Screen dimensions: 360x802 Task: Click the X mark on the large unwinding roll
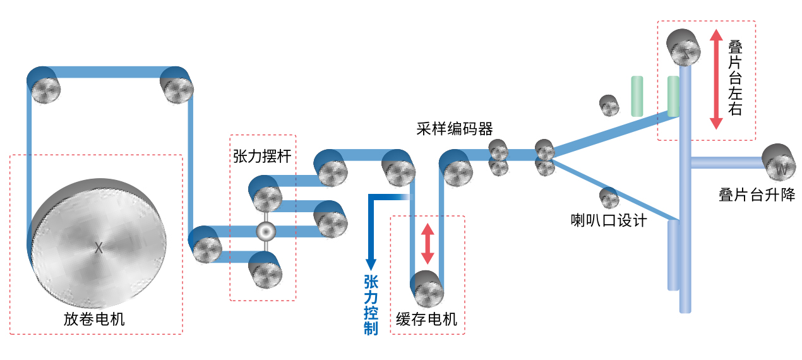tap(99, 248)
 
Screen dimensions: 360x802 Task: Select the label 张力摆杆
tap(262, 156)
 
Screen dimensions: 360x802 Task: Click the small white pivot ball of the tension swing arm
tap(266, 232)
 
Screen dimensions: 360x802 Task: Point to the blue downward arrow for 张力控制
tap(371, 240)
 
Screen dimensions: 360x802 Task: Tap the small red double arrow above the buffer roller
tap(428, 244)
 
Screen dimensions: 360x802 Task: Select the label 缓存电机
tap(426, 319)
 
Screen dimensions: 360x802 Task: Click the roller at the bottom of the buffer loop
tap(428, 289)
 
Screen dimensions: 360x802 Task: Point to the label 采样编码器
tap(455, 129)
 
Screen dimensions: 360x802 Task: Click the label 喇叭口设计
tap(608, 221)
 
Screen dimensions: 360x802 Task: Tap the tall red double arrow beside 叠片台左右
tap(716, 79)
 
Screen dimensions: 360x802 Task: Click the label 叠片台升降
tap(757, 195)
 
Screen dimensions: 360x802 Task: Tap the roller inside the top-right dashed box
tap(685, 47)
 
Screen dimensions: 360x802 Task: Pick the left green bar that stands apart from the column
tap(637, 96)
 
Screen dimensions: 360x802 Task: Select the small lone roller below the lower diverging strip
tap(609, 198)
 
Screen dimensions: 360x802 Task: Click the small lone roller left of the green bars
tap(609, 105)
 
